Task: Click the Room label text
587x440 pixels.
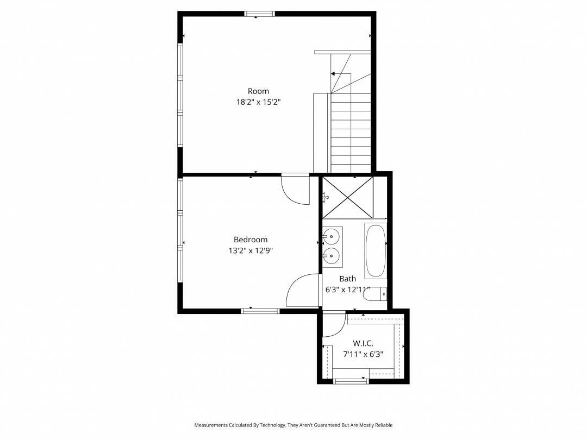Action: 258,91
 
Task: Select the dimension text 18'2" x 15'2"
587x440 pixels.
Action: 258,102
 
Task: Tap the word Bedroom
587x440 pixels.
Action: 251,240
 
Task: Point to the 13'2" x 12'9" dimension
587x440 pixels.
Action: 251,250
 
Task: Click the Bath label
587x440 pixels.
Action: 347,279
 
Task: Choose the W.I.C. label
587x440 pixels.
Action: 363,343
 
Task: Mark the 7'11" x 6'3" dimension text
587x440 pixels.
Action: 363,354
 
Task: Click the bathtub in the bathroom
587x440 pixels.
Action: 376,250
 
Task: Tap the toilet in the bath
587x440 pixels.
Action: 374,294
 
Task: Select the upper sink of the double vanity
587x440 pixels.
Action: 332,236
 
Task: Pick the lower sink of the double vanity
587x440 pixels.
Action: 332,256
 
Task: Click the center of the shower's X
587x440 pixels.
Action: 348,197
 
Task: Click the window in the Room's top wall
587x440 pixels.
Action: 259,14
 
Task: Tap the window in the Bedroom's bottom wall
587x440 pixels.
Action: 260,311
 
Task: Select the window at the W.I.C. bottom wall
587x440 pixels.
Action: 351,381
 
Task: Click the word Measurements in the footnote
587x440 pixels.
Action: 211,425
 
